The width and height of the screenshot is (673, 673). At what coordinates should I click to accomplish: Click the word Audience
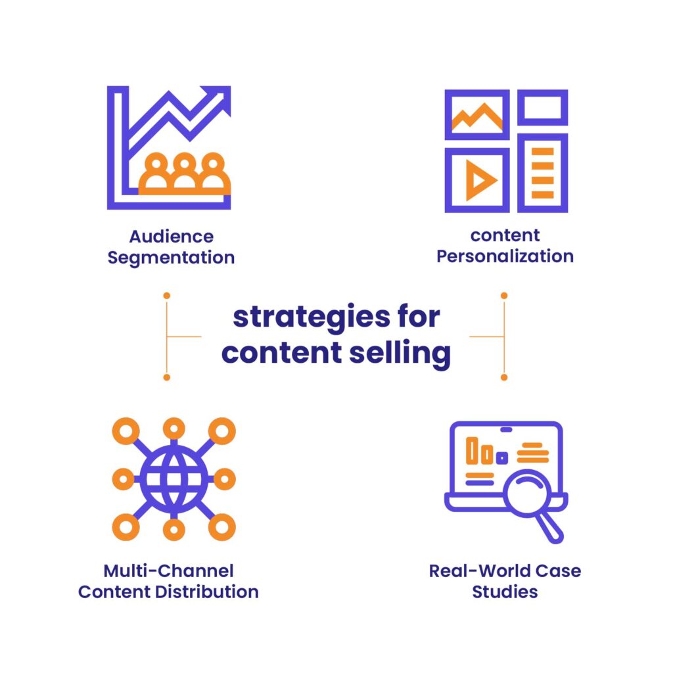coord(172,237)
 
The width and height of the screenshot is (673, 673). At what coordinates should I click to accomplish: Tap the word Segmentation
coord(171,258)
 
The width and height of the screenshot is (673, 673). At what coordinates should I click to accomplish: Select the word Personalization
coord(505,256)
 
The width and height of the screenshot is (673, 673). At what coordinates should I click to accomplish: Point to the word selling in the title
coord(400,353)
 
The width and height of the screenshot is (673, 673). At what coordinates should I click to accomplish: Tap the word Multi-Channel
coord(169,571)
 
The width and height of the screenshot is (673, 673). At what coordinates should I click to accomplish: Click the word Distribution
coord(207,592)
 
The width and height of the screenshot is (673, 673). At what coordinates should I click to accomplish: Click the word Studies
coord(505,592)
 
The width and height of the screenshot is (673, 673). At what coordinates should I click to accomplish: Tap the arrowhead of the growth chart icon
coord(219,98)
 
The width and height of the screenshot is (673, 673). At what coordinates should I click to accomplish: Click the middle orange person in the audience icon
coord(185,172)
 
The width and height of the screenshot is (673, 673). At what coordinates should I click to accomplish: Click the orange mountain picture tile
coord(477,114)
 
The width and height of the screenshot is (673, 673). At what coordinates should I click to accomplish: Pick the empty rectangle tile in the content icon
coord(542,107)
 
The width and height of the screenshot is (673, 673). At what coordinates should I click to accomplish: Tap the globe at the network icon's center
coord(174,478)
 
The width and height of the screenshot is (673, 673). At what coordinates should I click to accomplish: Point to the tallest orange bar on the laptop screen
coord(472,450)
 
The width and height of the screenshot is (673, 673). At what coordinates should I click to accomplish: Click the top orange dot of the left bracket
coord(167,296)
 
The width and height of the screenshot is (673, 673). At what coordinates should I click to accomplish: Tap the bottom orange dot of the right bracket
coord(504,377)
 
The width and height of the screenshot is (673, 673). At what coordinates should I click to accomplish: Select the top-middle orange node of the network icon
coord(174,429)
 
